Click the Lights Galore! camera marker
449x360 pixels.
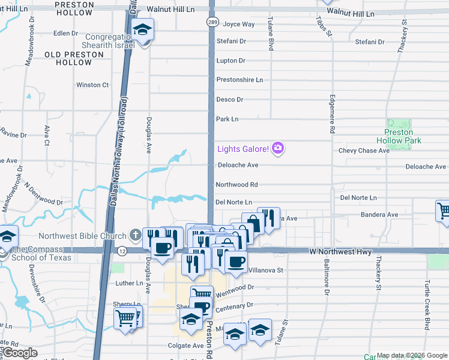click(277, 148)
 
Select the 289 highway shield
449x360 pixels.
click(212, 22)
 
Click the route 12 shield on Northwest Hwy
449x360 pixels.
click(122, 250)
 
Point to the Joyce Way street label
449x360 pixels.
click(239, 25)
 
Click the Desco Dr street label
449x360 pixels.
click(230, 100)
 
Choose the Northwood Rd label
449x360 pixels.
click(237, 185)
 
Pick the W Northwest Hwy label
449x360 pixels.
click(341, 251)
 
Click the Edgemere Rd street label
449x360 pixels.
click(331, 114)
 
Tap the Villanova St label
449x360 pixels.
click(266, 271)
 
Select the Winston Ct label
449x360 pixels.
click(92, 85)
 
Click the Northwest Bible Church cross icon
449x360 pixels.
click(136, 235)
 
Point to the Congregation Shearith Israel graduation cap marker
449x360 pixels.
click(143, 30)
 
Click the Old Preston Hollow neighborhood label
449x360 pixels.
click(68, 58)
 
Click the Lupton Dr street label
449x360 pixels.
click(231, 61)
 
